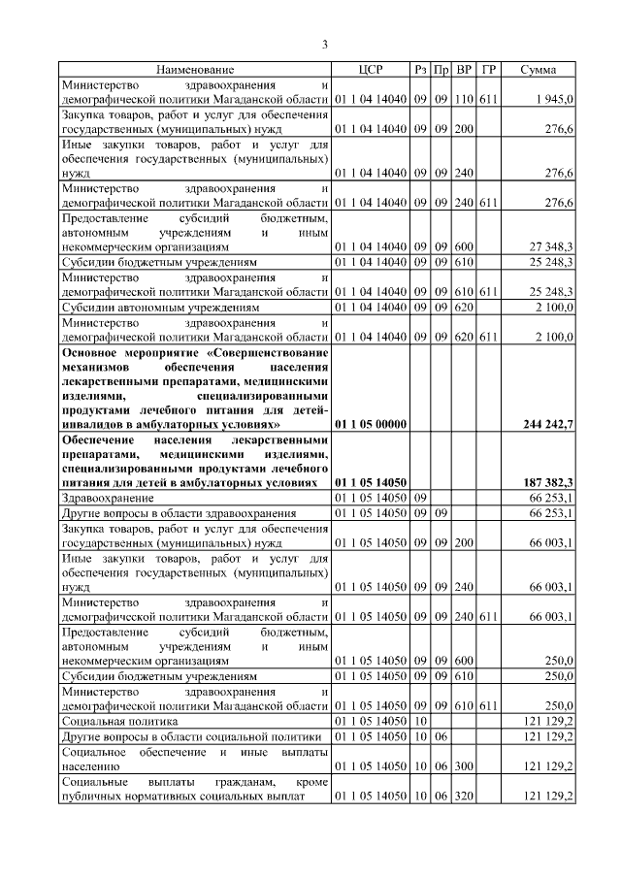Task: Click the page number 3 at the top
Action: coord(326,44)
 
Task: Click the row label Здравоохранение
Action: coord(108,497)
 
